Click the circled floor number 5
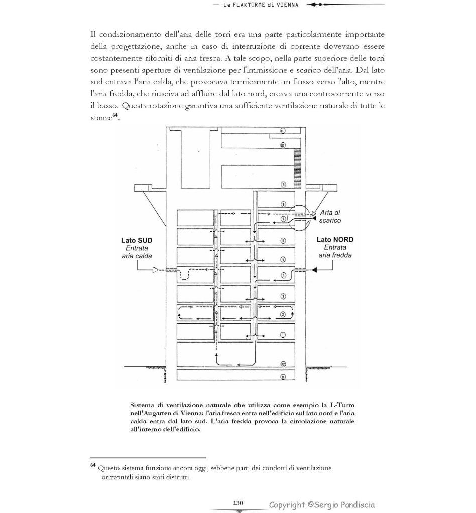tap(283, 260)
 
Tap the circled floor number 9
tap(283, 185)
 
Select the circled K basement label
tap(283, 377)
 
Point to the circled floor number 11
tap(283, 131)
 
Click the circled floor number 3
tap(283, 297)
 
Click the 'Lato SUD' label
tap(137, 240)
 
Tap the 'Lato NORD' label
tap(335, 240)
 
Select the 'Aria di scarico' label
tap(330, 217)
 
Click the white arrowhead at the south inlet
tap(156, 270)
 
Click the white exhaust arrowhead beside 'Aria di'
tap(314, 213)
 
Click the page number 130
tap(238, 503)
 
